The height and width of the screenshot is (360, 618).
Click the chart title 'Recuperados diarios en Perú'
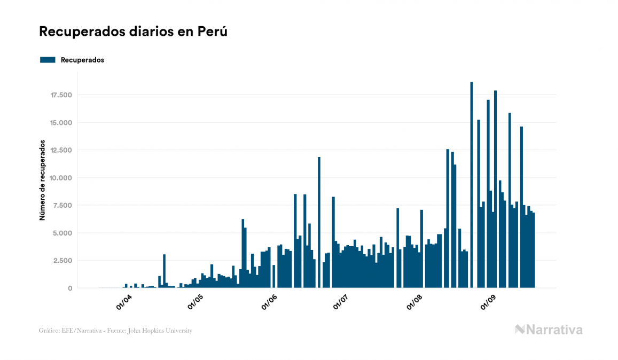tap(134, 32)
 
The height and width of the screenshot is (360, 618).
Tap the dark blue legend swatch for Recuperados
tap(48, 60)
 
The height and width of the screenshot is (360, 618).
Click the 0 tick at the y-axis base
tap(70, 288)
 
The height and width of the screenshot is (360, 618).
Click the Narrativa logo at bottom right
tap(549, 330)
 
